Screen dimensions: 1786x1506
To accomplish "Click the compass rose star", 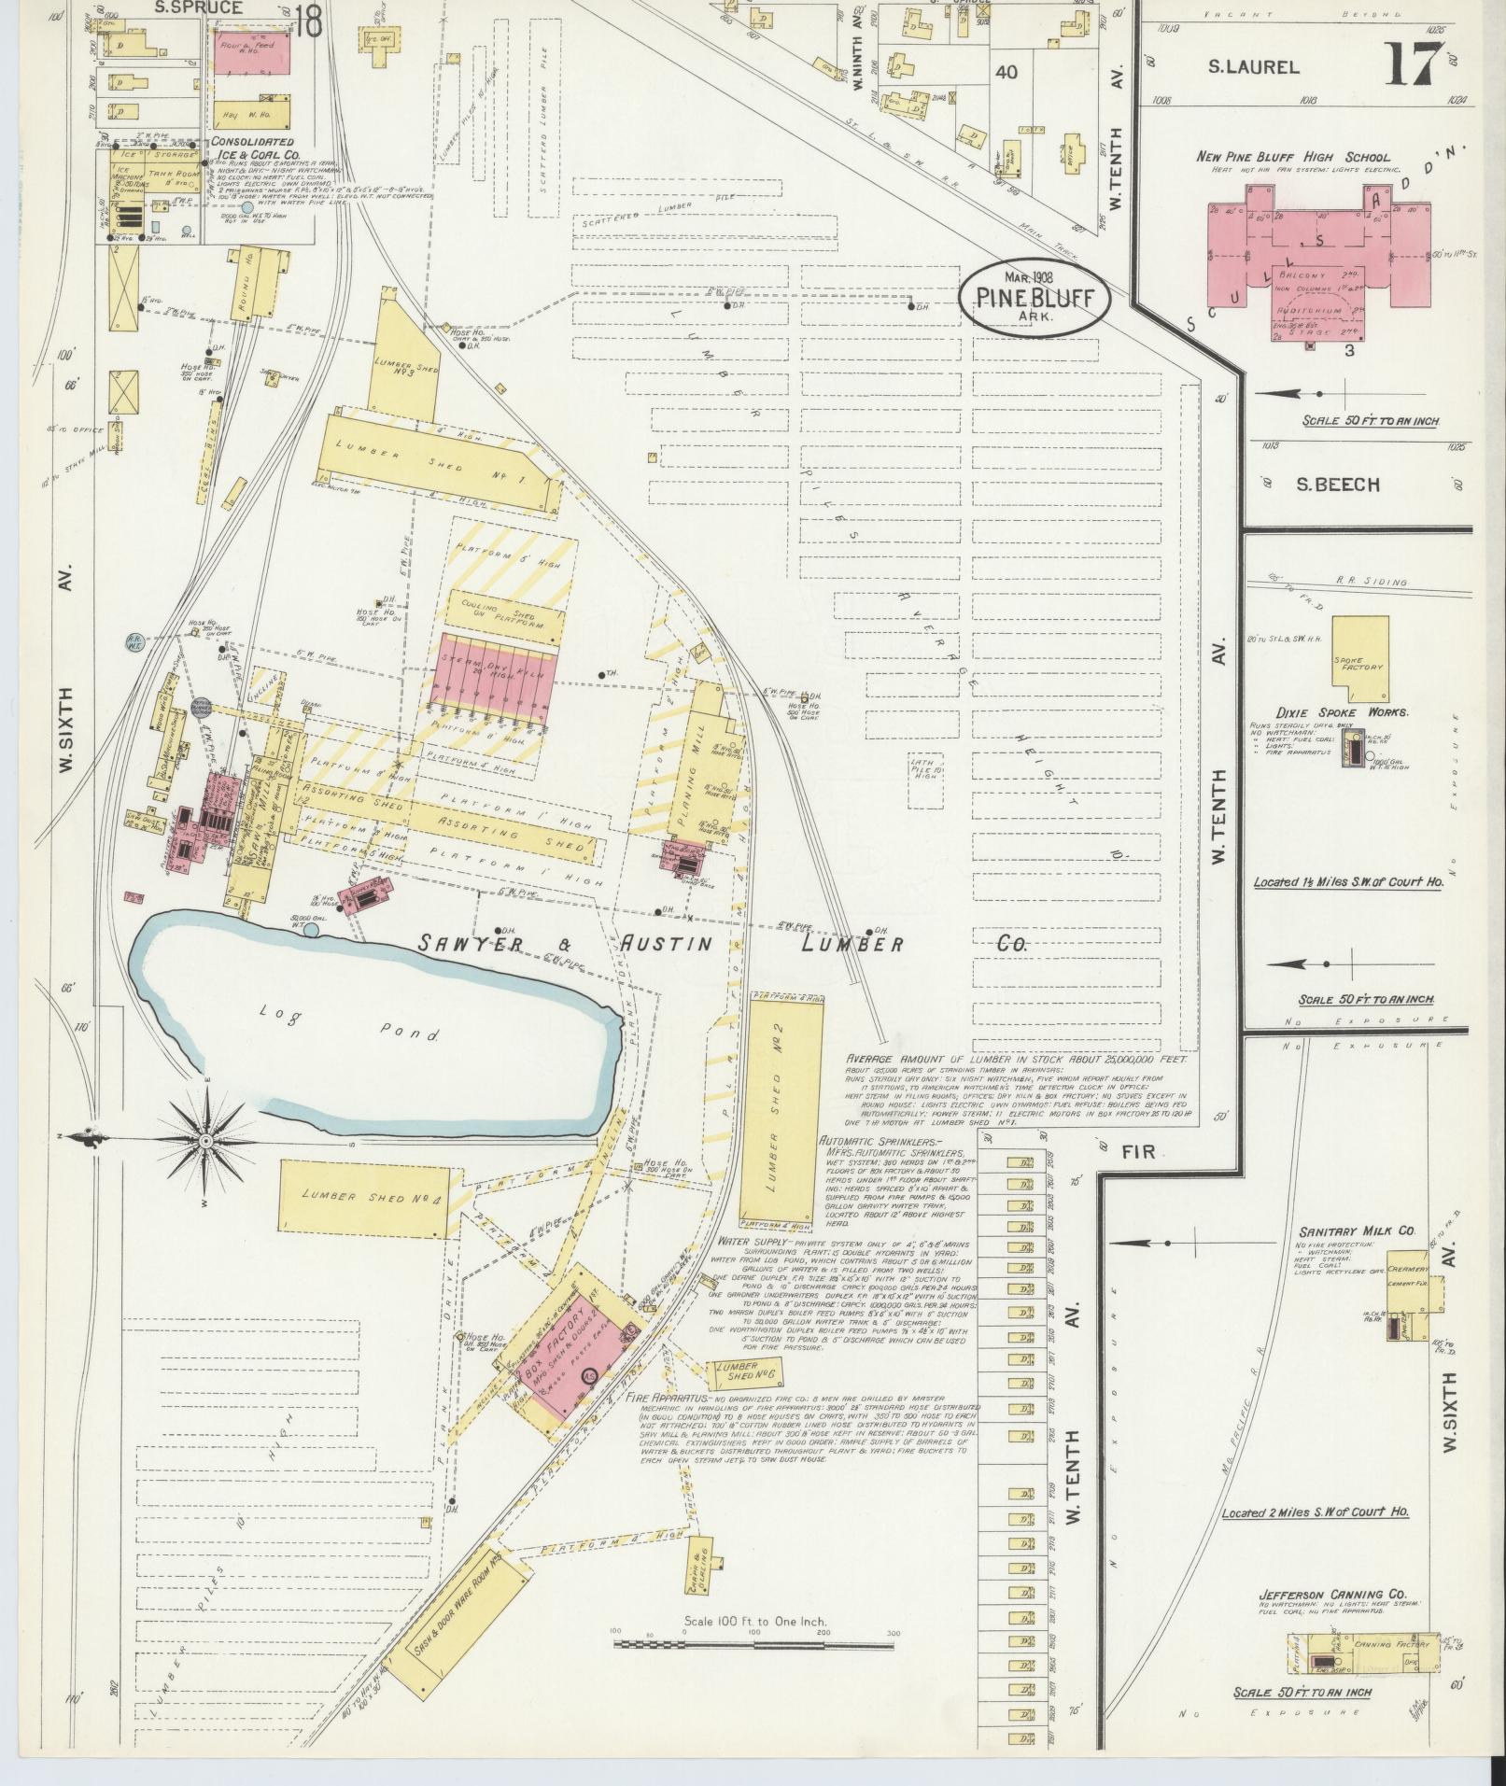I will [x=206, y=1140].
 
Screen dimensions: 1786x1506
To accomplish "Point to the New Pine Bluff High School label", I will [x=1292, y=157].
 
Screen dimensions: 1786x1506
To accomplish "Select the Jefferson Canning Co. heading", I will [x=1332, y=1595].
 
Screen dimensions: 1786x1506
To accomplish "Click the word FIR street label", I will [x=1139, y=1152].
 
